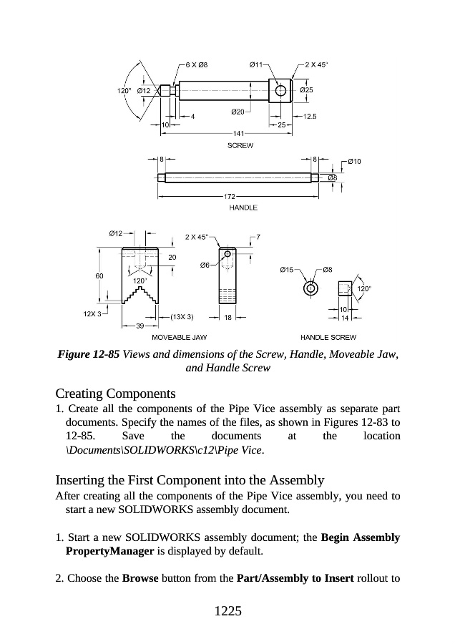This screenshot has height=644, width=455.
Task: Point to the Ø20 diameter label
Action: click(x=239, y=112)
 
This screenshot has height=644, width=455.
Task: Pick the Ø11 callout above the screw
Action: click(x=255, y=65)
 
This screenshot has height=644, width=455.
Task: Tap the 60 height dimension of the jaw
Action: click(x=99, y=275)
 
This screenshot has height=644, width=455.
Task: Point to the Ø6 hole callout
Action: click(x=205, y=266)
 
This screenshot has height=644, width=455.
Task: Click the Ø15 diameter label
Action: click(x=285, y=270)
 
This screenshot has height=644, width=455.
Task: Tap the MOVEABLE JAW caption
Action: click(x=180, y=336)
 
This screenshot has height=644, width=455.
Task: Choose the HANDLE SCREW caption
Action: click(x=328, y=336)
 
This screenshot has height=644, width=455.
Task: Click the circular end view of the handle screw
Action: click(x=311, y=289)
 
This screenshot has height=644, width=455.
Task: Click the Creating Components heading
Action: click(x=115, y=394)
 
